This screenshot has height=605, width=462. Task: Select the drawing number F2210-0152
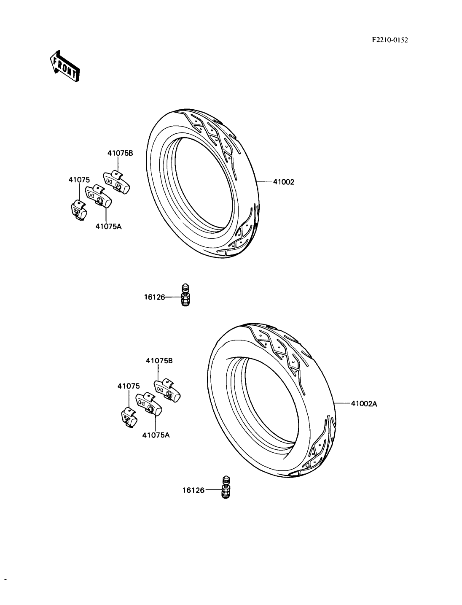pos(390,40)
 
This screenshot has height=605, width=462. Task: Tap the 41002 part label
pos(284,182)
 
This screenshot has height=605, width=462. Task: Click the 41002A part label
pos(364,404)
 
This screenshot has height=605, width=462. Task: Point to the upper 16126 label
pos(154,297)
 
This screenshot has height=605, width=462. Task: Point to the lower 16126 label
pos(193,490)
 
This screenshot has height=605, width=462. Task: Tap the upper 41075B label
pos(120,153)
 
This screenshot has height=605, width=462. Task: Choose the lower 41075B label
pos(159,361)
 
